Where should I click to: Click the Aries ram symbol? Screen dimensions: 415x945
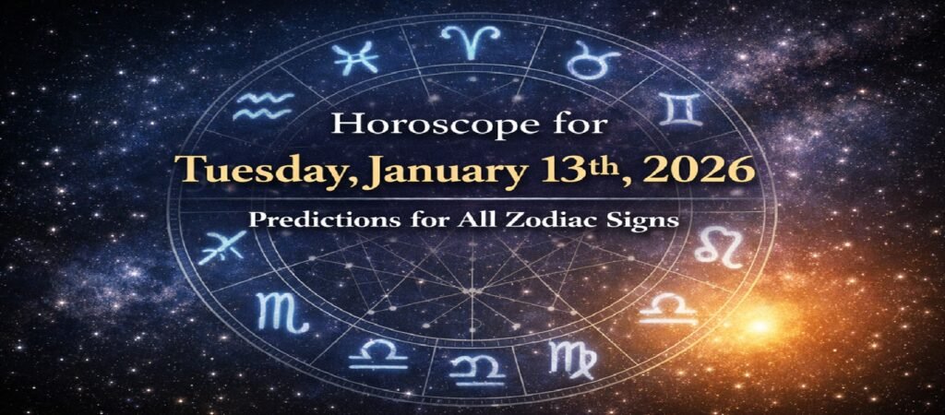coord(470,41)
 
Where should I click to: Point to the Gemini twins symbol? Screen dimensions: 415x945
coord(684,110)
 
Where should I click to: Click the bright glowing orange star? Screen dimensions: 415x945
coord(759,326)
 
